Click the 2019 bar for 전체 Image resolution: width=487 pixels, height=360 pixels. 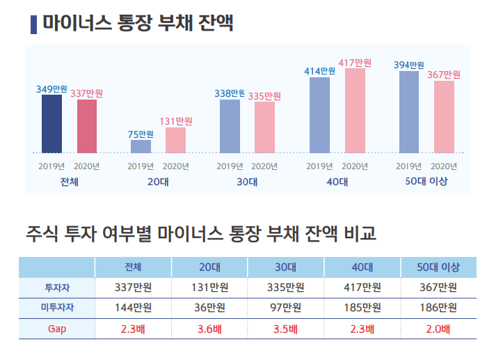(51, 123)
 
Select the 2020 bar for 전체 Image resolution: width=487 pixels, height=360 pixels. (87, 126)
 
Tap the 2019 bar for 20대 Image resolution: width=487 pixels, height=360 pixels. (141, 146)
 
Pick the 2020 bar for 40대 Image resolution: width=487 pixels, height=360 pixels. (355, 110)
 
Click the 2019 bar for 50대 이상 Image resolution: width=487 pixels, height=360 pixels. (409, 111)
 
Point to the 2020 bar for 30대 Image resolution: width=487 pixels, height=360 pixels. (264, 127)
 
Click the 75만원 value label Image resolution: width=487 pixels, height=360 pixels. (141, 134)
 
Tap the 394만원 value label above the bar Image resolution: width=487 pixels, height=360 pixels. (409, 65)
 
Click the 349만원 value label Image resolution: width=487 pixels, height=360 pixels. (51, 89)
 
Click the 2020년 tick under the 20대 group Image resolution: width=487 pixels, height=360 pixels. (175, 166)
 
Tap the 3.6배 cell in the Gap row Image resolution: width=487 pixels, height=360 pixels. (209, 329)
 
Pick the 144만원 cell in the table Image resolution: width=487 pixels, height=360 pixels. (133, 308)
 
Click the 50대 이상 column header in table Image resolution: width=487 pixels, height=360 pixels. (438, 267)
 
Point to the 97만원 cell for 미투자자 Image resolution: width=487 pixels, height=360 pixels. (286, 308)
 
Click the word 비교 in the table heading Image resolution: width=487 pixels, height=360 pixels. (358, 233)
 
